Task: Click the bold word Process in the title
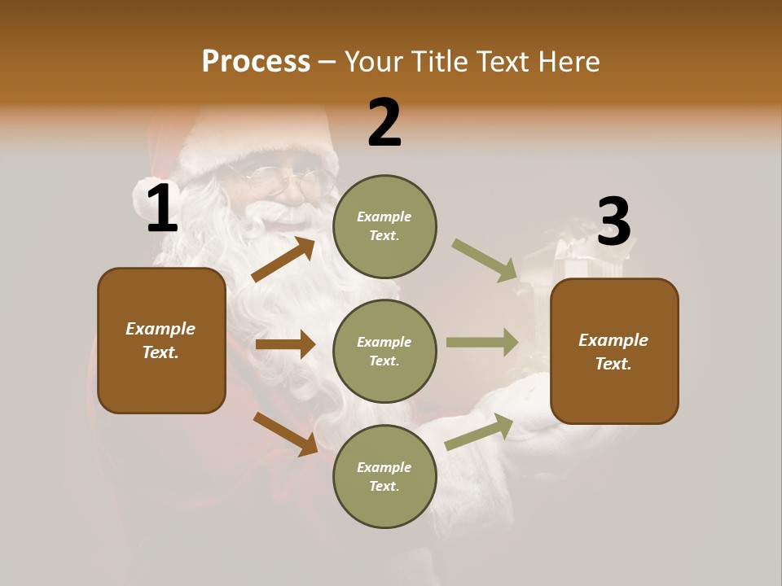tap(256, 61)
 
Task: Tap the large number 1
tap(162, 208)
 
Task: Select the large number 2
tap(384, 122)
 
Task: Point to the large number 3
tap(613, 221)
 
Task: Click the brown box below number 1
tap(161, 340)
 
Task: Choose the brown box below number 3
tap(614, 351)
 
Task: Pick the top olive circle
tap(384, 226)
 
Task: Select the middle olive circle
tap(384, 351)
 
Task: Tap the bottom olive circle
tap(384, 476)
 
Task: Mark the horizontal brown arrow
tap(285, 344)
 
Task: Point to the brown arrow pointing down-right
tap(285, 434)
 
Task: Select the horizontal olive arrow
tap(482, 342)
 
